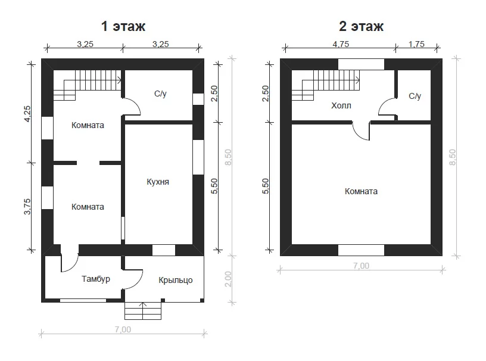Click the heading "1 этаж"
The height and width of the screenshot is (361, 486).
pyautogui.click(x=123, y=26)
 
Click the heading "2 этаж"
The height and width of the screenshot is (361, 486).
pyautogui.click(x=361, y=26)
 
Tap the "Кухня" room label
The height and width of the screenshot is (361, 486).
pyautogui.click(x=158, y=182)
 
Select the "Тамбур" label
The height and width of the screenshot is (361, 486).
pyautogui.click(x=96, y=279)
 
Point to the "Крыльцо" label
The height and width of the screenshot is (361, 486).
pyautogui.click(x=176, y=280)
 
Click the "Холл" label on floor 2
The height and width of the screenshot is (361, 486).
pyautogui.click(x=341, y=106)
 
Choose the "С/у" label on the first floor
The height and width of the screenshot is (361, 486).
pyautogui.click(x=160, y=94)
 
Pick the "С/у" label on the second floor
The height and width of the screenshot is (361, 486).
pyautogui.click(x=415, y=96)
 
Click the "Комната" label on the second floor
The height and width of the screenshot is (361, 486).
pyautogui.click(x=361, y=191)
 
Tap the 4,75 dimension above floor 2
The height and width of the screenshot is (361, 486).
pyautogui.click(x=341, y=44)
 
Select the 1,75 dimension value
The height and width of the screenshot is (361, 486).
pyautogui.click(x=416, y=44)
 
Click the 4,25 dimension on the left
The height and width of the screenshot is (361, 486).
pyautogui.click(x=27, y=114)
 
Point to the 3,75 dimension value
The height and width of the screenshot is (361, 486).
pyautogui.click(x=27, y=207)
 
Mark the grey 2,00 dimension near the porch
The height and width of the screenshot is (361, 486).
pyautogui.click(x=228, y=279)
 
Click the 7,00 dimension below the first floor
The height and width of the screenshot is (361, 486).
pyautogui.click(x=123, y=329)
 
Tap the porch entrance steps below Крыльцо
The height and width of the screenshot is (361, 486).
pyautogui.click(x=143, y=311)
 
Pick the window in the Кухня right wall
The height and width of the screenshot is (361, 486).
pyautogui.click(x=198, y=157)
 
